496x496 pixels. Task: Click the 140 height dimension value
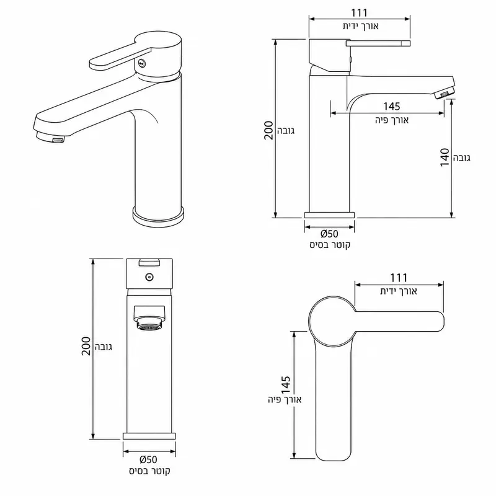pyautogui.click(x=445, y=157)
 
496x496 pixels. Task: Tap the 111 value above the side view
pyautogui.click(x=360, y=13)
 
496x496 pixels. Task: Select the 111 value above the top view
pyautogui.click(x=399, y=278)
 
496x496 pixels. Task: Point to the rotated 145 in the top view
pyautogui.click(x=286, y=385)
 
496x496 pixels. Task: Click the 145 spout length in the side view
pyautogui.click(x=392, y=106)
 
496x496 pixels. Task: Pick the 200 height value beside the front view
pyautogui.click(x=86, y=346)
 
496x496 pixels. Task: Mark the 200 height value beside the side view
pyautogui.click(x=268, y=130)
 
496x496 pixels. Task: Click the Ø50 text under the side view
pyautogui.click(x=329, y=234)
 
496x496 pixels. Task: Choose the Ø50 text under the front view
pyautogui.click(x=148, y=459)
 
